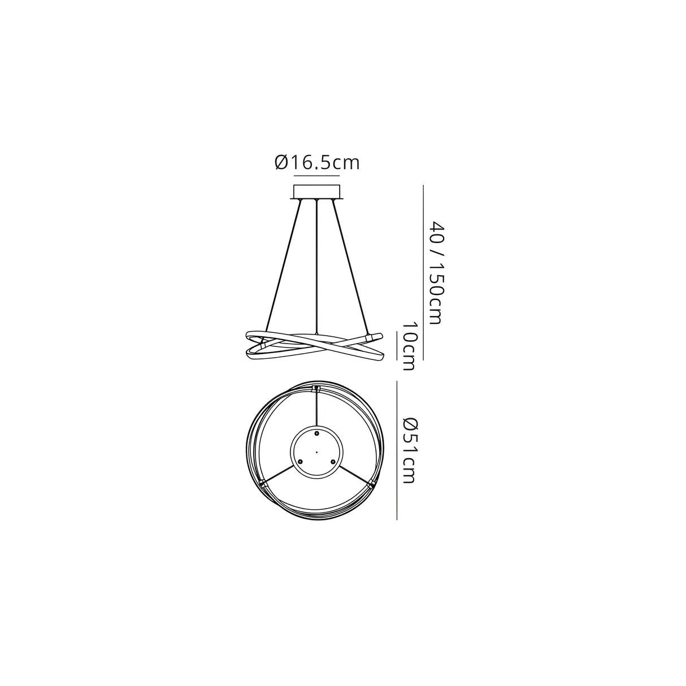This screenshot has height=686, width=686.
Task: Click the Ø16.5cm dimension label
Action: [317, 163]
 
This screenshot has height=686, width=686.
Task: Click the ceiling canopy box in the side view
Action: [317, 192]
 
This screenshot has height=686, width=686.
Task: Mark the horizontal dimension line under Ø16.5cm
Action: [317, 177]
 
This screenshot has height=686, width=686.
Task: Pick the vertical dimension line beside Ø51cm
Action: [397, 450]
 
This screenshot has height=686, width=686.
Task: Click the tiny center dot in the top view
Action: [316, 452]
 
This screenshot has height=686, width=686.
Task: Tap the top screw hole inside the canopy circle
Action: [316, 433]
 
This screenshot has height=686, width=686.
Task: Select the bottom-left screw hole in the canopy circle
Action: [301, 461]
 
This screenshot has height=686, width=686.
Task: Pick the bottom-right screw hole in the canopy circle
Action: [333, 461]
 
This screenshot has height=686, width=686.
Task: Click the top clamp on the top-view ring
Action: [316, 389]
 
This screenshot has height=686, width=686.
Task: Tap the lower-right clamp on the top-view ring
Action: [371, 484]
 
